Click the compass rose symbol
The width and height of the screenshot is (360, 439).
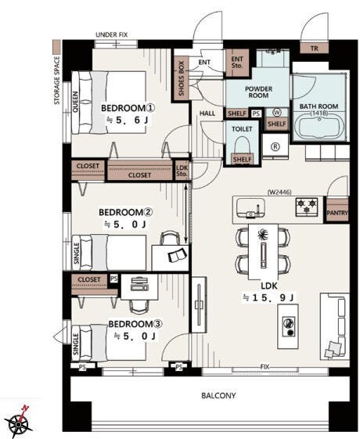click(x=19, y=423)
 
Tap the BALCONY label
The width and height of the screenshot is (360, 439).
click(x=218, y=395)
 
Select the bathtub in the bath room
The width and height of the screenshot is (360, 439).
click(x=319, y=128)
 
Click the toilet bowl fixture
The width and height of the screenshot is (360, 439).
click(x=242, y=146)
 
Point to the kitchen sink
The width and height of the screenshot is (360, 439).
click(x=250, y=207)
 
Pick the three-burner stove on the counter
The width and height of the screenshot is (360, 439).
click(x=307, y=207)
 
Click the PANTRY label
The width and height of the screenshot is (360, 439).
click(x=337, y=213)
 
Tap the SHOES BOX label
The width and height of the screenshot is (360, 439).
click(x=182, y=78)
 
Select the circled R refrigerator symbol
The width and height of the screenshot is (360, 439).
click(x=275, y=146)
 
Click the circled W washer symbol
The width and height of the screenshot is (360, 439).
click(x=277, y=113)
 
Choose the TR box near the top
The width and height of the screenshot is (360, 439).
click(x=314, y=49)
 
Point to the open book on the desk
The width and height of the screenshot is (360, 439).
click(x=178, y=255)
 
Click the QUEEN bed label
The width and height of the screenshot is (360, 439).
click(x=75, y=102)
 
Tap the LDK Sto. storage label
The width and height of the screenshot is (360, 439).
click(x=182, y=171)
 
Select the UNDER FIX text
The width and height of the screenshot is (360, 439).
click(x=111, y=34)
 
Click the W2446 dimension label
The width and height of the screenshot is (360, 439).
click(x=279, y=192)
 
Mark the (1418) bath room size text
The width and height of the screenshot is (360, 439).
click(x=319, y=113)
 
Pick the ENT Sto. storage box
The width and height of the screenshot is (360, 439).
click(x=237, y=63)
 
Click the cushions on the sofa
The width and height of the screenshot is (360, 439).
click(x=334, y=350)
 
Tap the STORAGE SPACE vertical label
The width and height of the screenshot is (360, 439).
click(x=57, y=81)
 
